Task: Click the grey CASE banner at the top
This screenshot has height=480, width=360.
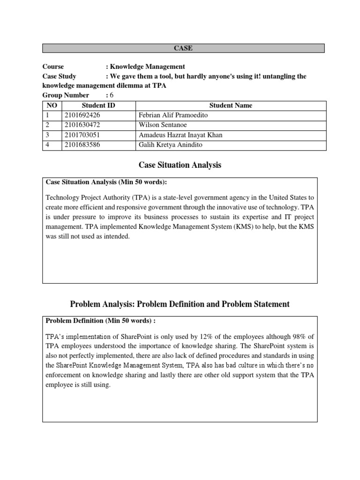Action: (183, 48)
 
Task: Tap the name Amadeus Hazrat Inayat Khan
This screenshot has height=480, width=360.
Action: (180, 135)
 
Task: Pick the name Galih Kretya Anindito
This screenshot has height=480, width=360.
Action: (171, 145)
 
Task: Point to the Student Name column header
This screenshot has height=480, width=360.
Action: (230, 105)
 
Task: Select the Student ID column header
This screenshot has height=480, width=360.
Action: (98, 105)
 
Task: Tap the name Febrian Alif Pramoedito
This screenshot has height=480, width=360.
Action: (172, 115)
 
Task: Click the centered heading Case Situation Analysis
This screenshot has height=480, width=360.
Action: (180, 165)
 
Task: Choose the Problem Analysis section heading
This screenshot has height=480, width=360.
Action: (180, 304)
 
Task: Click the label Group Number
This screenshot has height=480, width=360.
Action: (66, 95)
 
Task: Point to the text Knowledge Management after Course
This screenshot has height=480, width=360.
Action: (147, 67)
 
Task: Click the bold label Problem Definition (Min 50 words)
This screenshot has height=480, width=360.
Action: (100, 321)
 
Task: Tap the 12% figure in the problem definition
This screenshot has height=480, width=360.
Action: (222, 336)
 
